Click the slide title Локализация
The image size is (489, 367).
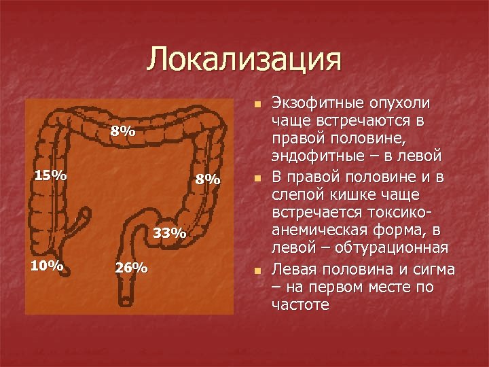[244, 59]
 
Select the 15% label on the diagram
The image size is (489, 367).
[51, 175]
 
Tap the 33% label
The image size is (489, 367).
[170, 233]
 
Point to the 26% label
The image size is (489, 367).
[131, 267]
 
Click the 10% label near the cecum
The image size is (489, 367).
[47, 265]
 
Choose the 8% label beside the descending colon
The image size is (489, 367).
[208, 179]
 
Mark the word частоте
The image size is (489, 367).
[301, 304]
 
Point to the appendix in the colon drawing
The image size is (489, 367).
[83, 221]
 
